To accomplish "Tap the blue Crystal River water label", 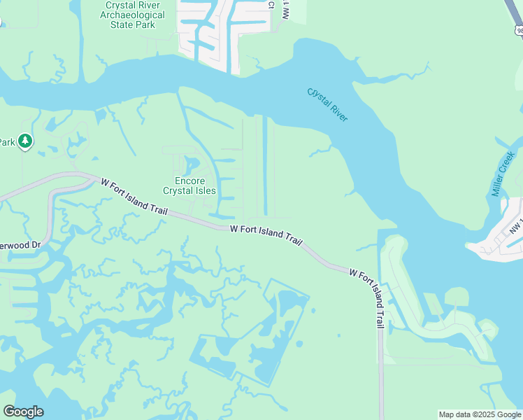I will [327, 104].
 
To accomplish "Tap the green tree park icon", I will [25, 141].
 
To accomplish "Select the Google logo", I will [23, 412].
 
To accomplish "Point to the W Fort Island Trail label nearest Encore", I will [134, 194].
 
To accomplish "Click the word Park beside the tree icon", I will [7, 142].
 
